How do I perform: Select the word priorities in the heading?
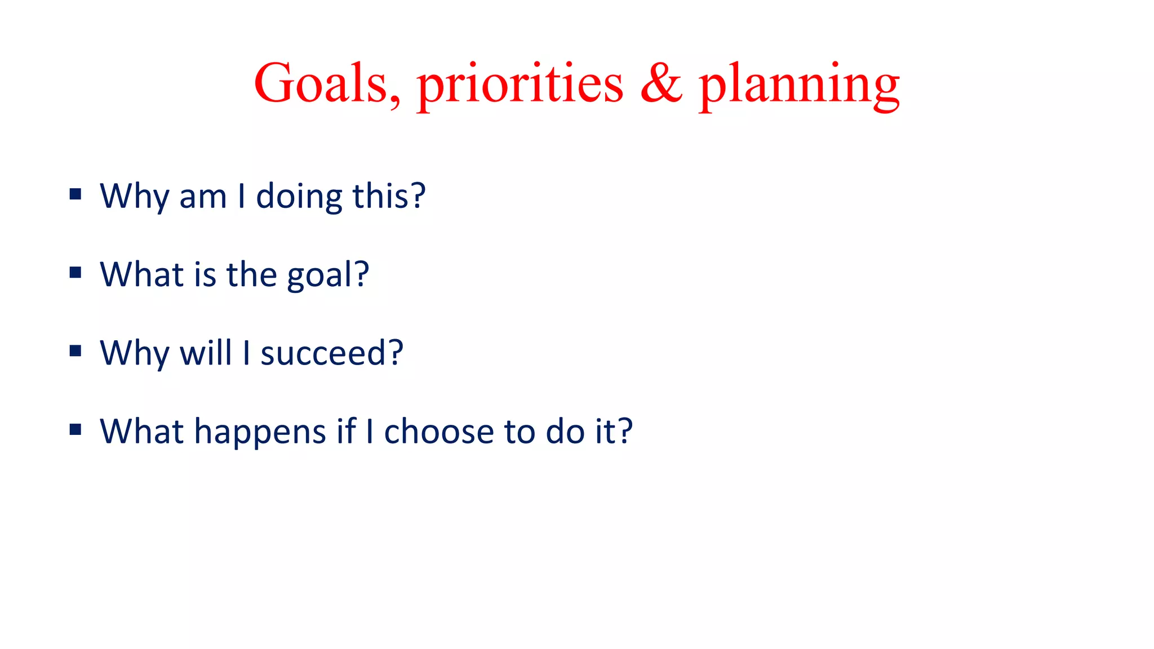(x=520, y=85)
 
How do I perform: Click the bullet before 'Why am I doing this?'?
(x=76, y=195)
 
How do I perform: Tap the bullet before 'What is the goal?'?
(x=76, y=273)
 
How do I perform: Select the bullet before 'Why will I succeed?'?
(x=76, y=352)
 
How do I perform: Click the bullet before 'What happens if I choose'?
(x=76, y=430)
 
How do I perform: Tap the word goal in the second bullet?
(x=319, y=275)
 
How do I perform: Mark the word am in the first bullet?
(x=203, y=197)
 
